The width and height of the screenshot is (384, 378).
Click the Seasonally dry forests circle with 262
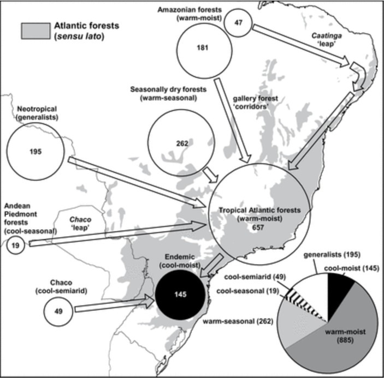point(182,143)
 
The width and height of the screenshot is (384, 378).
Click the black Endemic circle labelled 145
point(182,295)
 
